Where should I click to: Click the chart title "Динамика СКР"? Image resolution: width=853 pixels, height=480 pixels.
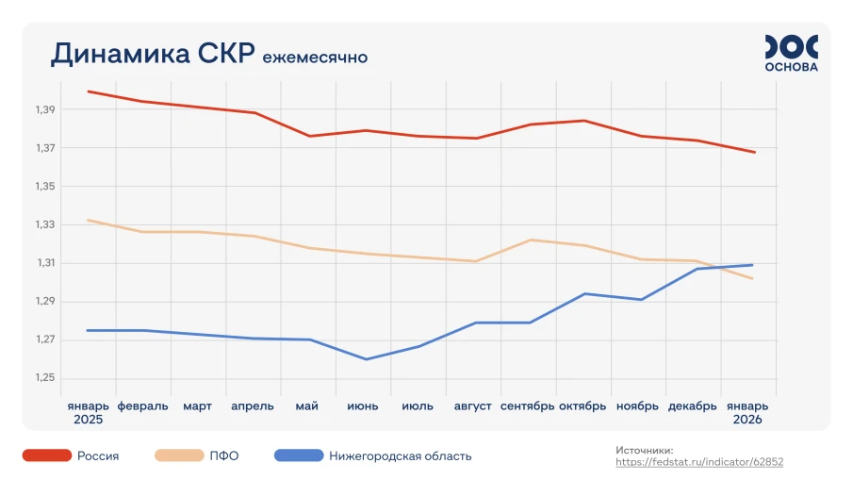pos(152,54)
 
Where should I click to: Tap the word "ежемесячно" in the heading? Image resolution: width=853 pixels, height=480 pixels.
pos(315,58)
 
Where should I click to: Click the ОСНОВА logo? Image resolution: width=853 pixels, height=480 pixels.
pos(791,53)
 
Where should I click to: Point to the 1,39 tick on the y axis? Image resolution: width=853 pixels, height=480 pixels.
pos(44,110)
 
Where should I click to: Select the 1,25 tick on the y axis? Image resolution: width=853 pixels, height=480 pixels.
pos(44,378)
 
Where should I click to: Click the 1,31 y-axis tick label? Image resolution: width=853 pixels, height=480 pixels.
pos(44,263)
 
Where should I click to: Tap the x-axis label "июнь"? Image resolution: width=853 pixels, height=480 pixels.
pos(363,406)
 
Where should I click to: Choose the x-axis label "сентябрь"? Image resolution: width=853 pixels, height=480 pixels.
pos(528,406)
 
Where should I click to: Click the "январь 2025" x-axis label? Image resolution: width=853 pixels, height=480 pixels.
pos(88,412)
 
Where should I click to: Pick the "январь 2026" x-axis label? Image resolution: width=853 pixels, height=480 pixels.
pos(747,412)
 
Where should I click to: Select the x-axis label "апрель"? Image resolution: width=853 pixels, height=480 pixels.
pos(253,406)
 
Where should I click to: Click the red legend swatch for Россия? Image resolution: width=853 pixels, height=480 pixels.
pos(47,456)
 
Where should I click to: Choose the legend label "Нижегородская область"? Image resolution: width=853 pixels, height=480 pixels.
pos(400,456)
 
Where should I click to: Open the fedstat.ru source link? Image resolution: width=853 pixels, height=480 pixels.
pos(699,462)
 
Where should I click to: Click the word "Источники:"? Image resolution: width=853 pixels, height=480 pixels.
pos(645,451)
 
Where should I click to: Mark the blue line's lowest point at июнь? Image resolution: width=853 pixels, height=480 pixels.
pos(365,359)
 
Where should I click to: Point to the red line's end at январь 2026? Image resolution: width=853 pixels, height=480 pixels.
pos(754,152)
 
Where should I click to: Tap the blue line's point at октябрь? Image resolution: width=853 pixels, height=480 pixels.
pos(585,293)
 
